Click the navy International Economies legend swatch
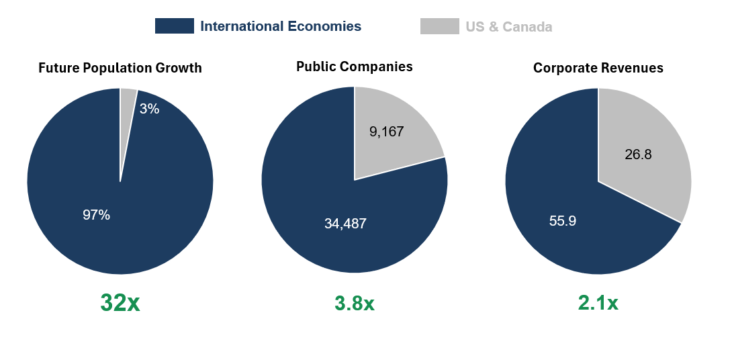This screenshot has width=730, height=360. (175, 26)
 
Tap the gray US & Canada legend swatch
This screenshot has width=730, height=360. (439, 26)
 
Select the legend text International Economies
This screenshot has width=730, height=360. (281, 27)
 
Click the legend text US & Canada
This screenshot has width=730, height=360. (508, 27)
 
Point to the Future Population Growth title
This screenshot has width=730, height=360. (120, 68)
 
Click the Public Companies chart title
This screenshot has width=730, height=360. (355, 66)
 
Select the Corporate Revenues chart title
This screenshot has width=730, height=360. (598, 68)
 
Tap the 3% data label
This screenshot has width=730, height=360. (149, 109)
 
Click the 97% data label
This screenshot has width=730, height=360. (96, 215)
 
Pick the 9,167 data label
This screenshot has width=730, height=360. (386, 132)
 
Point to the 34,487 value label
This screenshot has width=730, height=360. (345, 224)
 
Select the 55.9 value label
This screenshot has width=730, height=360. (563, 220)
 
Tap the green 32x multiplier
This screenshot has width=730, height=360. (120, 303)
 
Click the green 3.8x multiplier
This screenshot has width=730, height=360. (355, 304)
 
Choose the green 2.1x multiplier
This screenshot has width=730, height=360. (598, 304)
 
